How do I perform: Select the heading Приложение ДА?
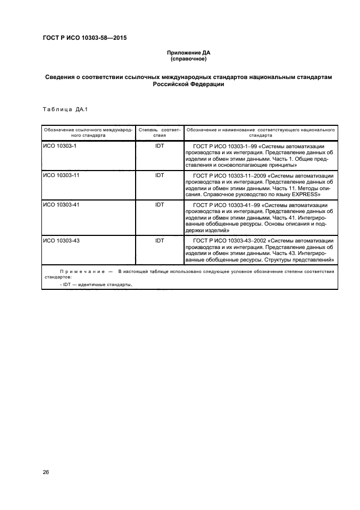pos(188,52)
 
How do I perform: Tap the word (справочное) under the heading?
pos(188,58)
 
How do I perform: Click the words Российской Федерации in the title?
pos(188,85)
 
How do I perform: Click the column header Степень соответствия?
pos(159,133)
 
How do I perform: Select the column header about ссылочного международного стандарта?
pos(88,133)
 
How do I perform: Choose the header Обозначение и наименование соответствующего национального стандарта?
pos(260,133)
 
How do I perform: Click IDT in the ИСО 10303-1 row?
pos(160,147)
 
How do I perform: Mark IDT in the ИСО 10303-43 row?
pos(160,240)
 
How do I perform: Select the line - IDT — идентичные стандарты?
pos(96,284)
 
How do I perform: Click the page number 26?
pos(46,472)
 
